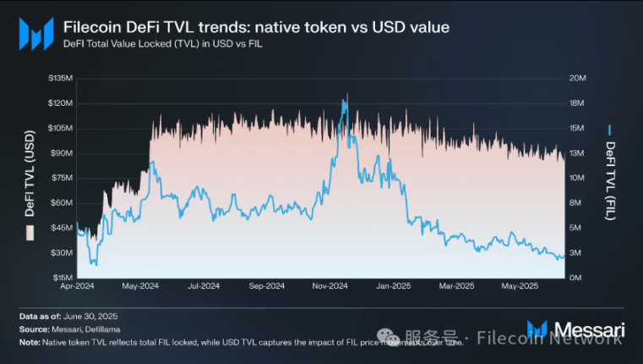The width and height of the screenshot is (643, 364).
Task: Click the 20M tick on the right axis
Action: coord(579,78)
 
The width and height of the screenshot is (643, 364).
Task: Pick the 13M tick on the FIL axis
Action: coord(579,152)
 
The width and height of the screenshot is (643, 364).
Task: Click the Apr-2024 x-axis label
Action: coord(78,287)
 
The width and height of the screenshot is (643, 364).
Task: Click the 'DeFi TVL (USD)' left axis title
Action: coord(30,176)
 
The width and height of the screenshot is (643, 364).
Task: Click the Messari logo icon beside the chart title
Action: coord(36,34)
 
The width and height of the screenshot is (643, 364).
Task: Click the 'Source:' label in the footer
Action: coord(35,329)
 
